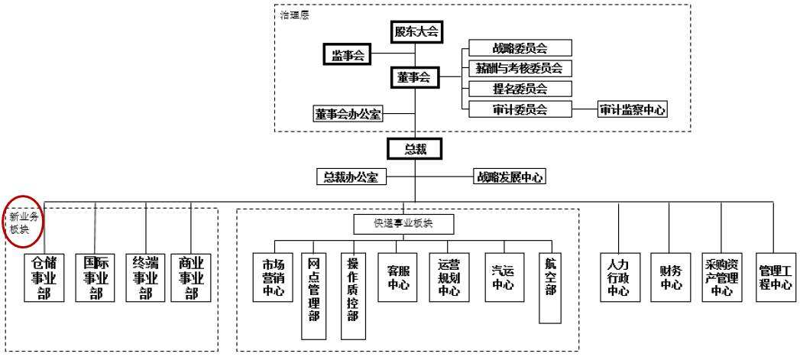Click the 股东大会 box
click(x=415, y=31)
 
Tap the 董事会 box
click(x=414, y=77)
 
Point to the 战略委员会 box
click(x=520, y=48)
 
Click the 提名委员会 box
click(x=520, y=89)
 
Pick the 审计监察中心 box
click(x=632, y=109)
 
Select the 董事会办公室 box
click(x=348, y=114)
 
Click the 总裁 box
click(x=415, y=149)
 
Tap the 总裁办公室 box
click(x=351, y=177)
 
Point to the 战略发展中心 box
click(x=510, y=177)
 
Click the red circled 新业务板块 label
click(x=23, y=222)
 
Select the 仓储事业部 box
click(x=44, y=277)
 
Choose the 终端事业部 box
click(x=146, y=277)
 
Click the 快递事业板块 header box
click(x=403, y=224)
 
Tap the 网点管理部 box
click(x=313, y=295)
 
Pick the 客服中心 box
click(x=397, y=277)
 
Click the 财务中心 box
click(x=671, y=277)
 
